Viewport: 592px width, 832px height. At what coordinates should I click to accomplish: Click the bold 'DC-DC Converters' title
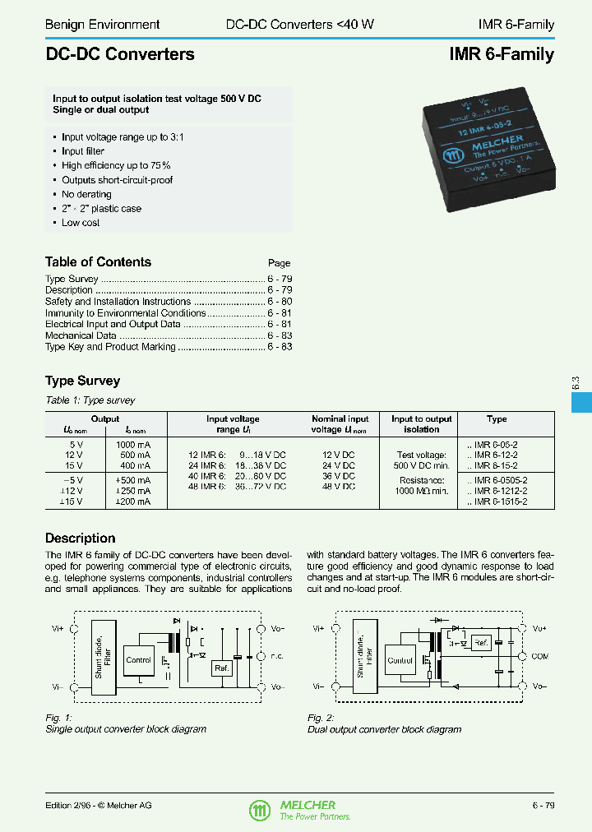click(120, 55)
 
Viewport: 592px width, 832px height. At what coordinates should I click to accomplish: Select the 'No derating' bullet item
click(86, 195)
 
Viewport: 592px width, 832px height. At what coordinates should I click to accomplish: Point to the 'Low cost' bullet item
click(81, 223)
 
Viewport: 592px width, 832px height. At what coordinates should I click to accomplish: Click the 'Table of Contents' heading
click(98, 262)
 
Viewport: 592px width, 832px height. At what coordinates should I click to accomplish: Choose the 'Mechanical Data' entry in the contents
click(81, 335)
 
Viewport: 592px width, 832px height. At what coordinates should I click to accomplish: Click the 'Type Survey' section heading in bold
click(82, 381)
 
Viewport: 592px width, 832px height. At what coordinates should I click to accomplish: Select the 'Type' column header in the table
click(497, 419)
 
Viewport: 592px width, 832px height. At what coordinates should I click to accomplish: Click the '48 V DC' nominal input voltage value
click(338, 487)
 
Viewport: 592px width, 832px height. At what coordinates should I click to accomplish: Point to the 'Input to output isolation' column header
click(422, 424)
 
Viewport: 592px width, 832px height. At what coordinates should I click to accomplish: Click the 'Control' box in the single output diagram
click(138, 659)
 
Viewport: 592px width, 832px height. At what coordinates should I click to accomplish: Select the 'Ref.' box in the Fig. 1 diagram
click(220, 668)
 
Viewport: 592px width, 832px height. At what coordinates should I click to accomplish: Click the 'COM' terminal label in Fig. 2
click(539, 657)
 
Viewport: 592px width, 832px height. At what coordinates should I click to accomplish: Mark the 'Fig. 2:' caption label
click(321, 718)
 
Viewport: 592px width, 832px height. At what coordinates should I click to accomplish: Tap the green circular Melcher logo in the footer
click(259, 811)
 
